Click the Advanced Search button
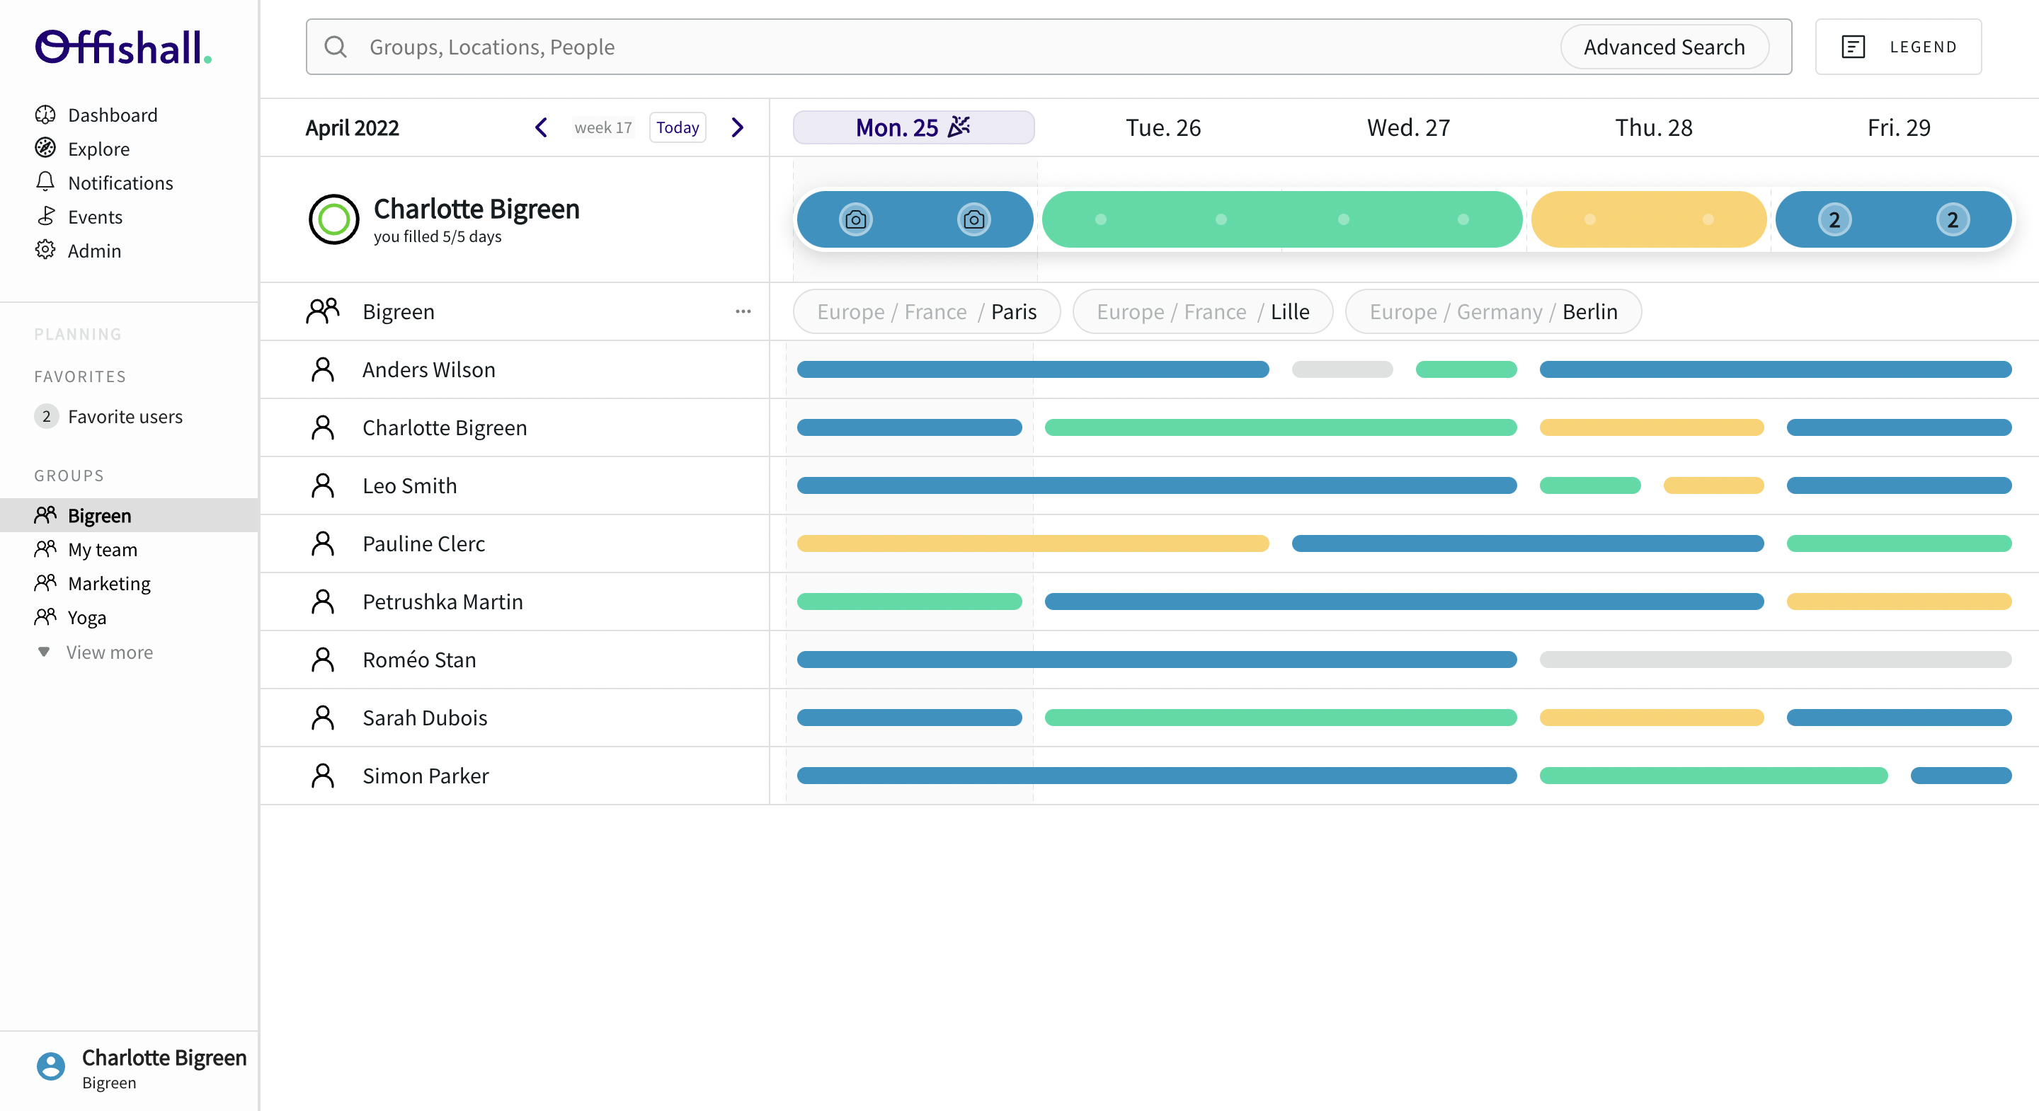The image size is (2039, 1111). click(x=1664, y=47)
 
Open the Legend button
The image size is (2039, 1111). click(x=1898, y=47)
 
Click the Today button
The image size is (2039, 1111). click(x=678, y=127)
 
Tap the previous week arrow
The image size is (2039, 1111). click(x=542, y=127)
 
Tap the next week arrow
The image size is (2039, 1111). click(x=738, y=127)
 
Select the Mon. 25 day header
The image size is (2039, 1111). click(x=913, y=127)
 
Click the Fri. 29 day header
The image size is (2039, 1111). click(x=1898, y=127)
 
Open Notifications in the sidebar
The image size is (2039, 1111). click(x=120, y=183)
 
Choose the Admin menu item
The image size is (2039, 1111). click(x=94, y=251)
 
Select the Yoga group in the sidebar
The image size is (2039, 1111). click(x=86, y=617)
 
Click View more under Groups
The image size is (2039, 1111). click(x=109, y=652)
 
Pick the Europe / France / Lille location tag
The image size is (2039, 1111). click(x=1202, y=312)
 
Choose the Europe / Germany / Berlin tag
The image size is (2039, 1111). click(x=1493, y=312)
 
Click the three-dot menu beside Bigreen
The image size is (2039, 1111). click(x=743, y=312)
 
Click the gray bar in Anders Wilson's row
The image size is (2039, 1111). click(x=1342, y=369)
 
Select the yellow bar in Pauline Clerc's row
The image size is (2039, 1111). click(x=1032, y=543)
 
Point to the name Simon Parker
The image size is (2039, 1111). click(x=425, y=776)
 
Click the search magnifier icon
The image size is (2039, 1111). click(x=336, y=47)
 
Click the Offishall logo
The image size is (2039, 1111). click(x=122, y=47)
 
